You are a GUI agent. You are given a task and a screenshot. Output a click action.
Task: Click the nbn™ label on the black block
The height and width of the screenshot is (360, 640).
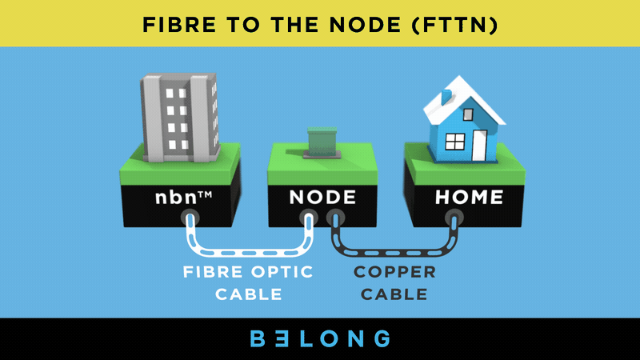pyautogui.click(x=189, y=197)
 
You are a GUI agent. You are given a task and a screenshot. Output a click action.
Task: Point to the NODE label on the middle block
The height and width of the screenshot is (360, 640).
pyautogui.click(x=322, y=197)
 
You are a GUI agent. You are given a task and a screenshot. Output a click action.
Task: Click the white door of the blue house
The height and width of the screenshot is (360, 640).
pyautogui.click(x=478, y=144)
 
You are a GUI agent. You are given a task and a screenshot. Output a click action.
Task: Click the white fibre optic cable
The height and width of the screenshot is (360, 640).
pyautogui.click(x=248, y=248)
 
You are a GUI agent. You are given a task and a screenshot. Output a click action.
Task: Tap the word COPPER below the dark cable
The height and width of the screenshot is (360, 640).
pyautogui.click(x=395, y=273)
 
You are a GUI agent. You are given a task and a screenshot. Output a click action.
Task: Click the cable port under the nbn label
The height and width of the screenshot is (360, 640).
pyautogui.click(x=189, y=218)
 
